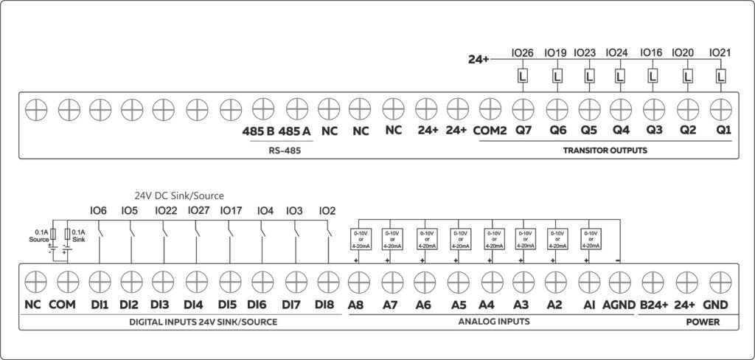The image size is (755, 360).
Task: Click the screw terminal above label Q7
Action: coord(523,109)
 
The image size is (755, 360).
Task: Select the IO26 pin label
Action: coord(522,53)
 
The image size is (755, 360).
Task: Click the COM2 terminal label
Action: coord(490,131)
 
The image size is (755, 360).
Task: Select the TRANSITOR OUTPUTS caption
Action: coord(605,150)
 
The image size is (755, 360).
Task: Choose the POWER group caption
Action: coord(703,322)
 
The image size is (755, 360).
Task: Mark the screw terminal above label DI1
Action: coord(99,281)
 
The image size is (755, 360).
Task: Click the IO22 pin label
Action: coord(166,211)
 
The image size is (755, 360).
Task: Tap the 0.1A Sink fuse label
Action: coord(79,235)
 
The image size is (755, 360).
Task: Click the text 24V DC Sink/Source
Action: coord(178,195)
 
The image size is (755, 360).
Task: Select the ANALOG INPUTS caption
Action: coord(493,322)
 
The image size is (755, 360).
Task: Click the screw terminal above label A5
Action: coord(459,281)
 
